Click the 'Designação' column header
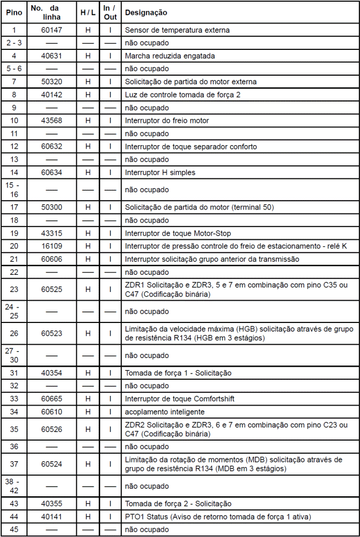pos(146,12)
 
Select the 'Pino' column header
pos(14,12)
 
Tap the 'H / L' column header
pos(88,12)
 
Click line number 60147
pos(52,29)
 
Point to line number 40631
pos(52,56)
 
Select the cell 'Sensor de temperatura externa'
pos(177,29)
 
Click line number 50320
pos(52,81)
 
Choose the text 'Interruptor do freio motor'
pos(167,120)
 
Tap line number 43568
pos(52,120)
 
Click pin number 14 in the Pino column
pos(14,173)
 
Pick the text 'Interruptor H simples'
pos(160,173)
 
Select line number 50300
pos(52,207)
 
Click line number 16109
pos(52,246)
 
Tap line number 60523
pos(52,333)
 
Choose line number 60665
pos(52,399)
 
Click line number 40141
pos(52,516)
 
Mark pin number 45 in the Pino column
pos(14,530)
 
